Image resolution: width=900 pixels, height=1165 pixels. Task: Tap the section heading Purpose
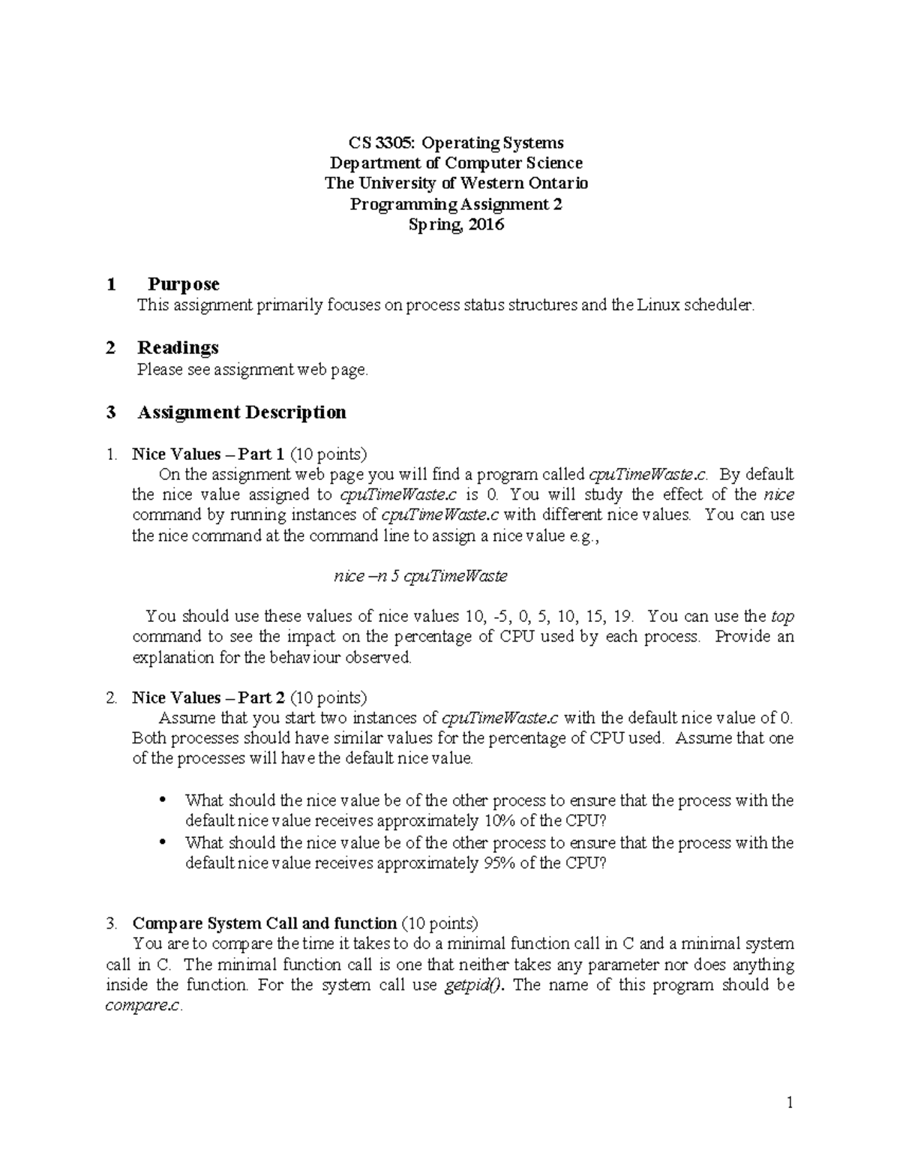pyautogui.click(x=183, y=284)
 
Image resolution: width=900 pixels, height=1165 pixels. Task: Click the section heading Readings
pyautogui.click(x=178, y=347)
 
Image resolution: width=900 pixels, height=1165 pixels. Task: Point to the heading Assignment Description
pyautogui.click(x=241, y=412)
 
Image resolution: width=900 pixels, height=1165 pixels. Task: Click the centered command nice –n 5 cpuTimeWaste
pyautogui.click(x=420, y=576)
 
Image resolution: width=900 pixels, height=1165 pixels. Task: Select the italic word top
pyautogui.click(x=782, y=617)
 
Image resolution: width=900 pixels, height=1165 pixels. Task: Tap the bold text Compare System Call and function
pyautogui.click(x=264, y=923)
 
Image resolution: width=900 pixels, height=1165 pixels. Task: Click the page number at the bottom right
pyautogui.click(x=789, y=1103)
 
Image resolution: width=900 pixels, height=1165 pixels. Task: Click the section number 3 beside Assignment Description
pyautogui.click(x=111, y=413)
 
